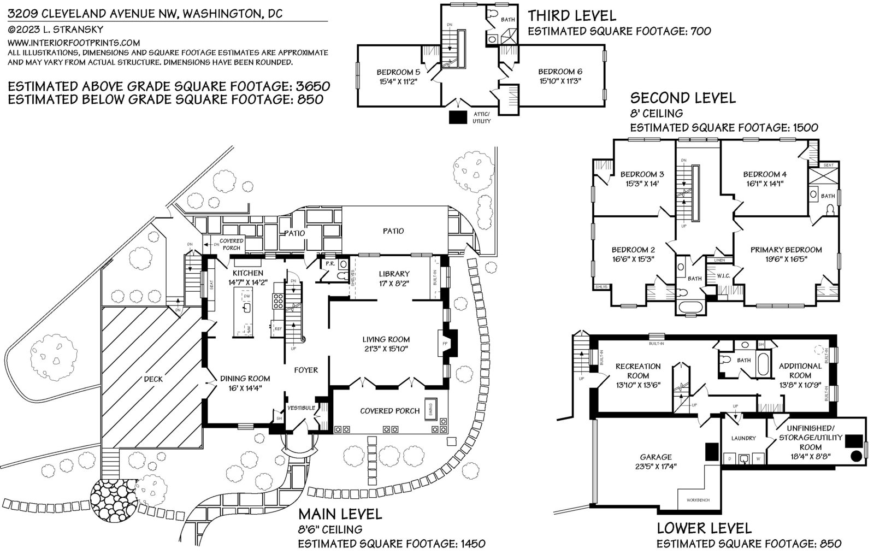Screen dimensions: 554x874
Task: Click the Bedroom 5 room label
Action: coord(398,72)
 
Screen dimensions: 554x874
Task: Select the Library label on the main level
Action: coord(394,274)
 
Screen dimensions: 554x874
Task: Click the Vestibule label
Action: coord(301,408)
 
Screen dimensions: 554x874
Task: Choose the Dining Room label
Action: coord(245,378)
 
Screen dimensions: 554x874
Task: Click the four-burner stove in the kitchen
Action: coord(277,302)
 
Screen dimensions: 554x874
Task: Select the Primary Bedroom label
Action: coord(786,250)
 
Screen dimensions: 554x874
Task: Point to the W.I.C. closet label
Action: coord(723,276)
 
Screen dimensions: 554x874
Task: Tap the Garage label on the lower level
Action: coord(655,457)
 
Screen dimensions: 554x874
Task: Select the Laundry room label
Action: coord(743,438)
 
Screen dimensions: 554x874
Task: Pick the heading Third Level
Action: coord(572,16)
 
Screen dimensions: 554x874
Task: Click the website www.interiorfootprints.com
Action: coord(74,42)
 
